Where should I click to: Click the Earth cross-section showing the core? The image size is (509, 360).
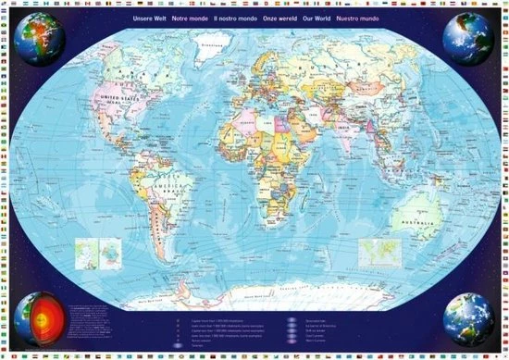39,317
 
